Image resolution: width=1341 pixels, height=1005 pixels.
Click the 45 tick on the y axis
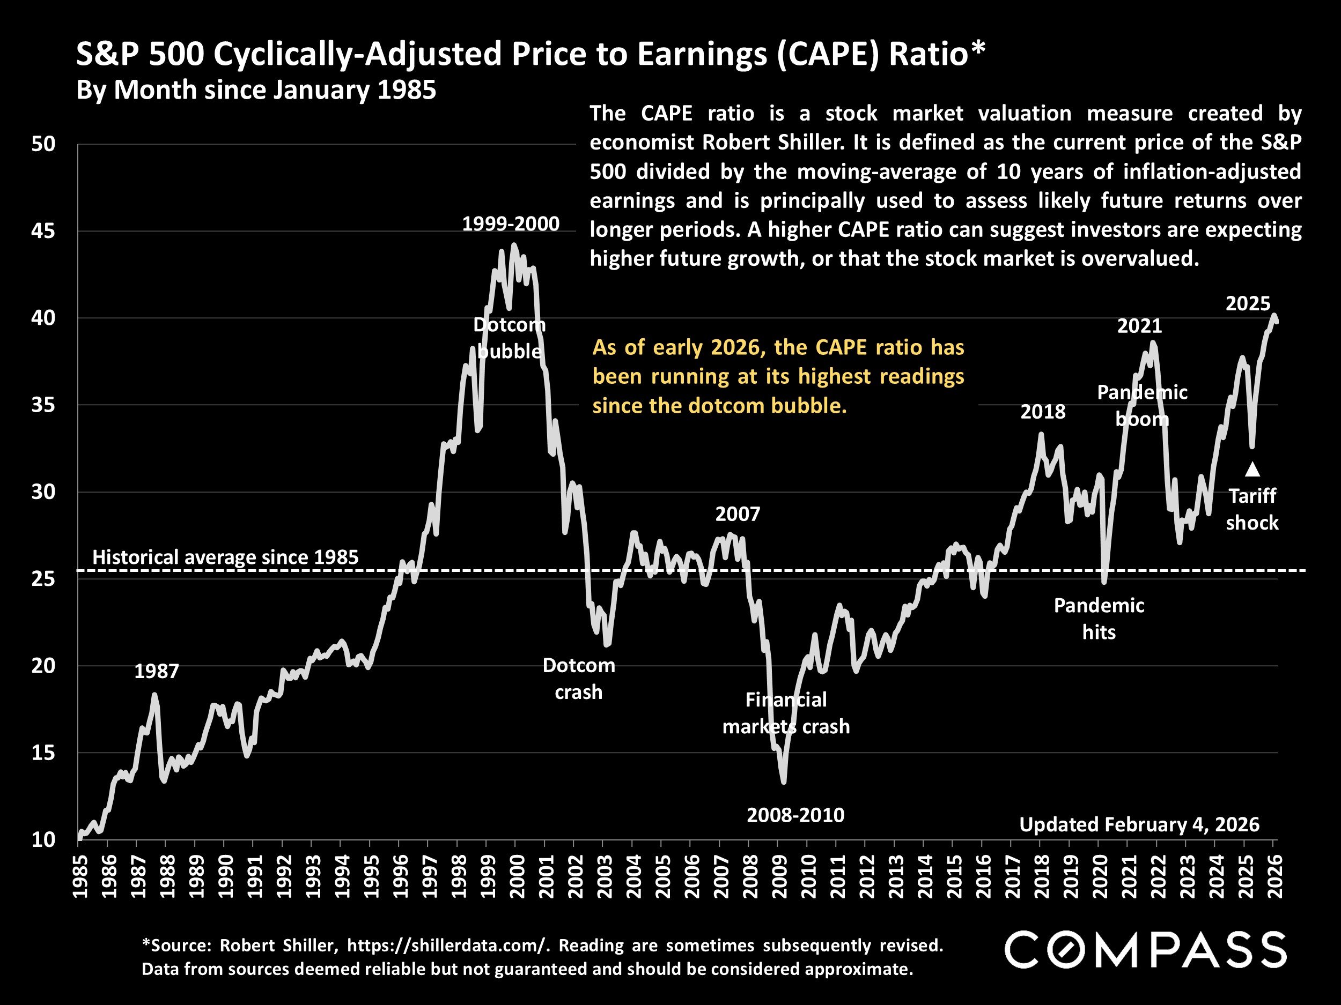point(43,232)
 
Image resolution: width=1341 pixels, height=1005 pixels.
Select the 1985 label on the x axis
point(79,876)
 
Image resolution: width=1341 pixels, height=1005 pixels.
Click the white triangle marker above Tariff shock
point(1252,469)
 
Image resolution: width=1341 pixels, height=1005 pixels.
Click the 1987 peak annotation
point(157,671)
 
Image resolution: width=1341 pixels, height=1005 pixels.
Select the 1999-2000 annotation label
point(511,224)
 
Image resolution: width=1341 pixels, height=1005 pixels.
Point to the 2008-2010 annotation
point(795,815)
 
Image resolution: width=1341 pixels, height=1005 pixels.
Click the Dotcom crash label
point(578,679)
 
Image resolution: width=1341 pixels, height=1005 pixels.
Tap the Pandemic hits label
point(1099,619)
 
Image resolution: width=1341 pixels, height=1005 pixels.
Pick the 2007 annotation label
point(737,515)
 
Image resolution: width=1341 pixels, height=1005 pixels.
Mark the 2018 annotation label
point(1043,412)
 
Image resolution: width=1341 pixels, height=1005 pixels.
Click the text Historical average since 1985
point(225,557)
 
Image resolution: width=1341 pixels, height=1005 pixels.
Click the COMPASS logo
point(1145,950)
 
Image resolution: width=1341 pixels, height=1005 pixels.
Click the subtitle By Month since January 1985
point(256,90)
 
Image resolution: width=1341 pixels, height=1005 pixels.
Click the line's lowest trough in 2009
point(784,781)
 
